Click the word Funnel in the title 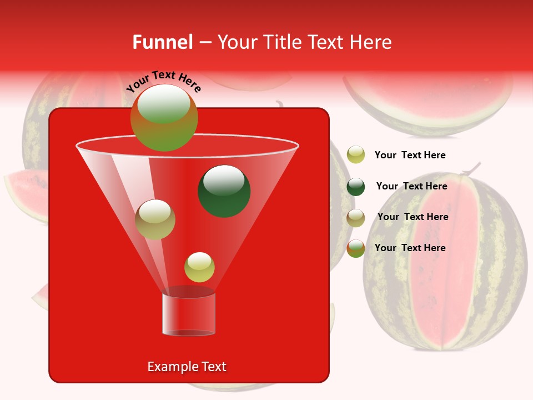point(162,42)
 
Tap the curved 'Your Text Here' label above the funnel point(164,81)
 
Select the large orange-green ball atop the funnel point(164,118)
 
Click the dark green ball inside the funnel point(224,191)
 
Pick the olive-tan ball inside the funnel point(155,219)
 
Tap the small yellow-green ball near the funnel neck point(199,267)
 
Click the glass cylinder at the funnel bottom point(189,314)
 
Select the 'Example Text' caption point(187,367)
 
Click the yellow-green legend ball point(356,155)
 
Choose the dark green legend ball point(356,187)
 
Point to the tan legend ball point(356,217)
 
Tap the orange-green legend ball point(356,248)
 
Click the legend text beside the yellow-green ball point(410,156)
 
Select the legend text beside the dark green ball point(411,187)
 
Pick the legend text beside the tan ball point(413,217)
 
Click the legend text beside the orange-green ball point(410,248)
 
